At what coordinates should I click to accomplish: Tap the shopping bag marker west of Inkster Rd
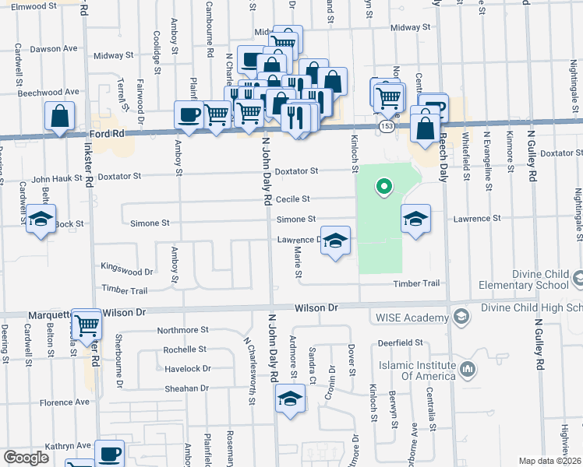(60, 117)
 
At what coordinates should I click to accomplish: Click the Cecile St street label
(293, 198)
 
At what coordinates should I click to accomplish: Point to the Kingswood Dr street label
(127, 272)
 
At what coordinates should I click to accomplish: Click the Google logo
(26, 458)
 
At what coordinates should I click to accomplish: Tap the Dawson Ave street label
(55, 48)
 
